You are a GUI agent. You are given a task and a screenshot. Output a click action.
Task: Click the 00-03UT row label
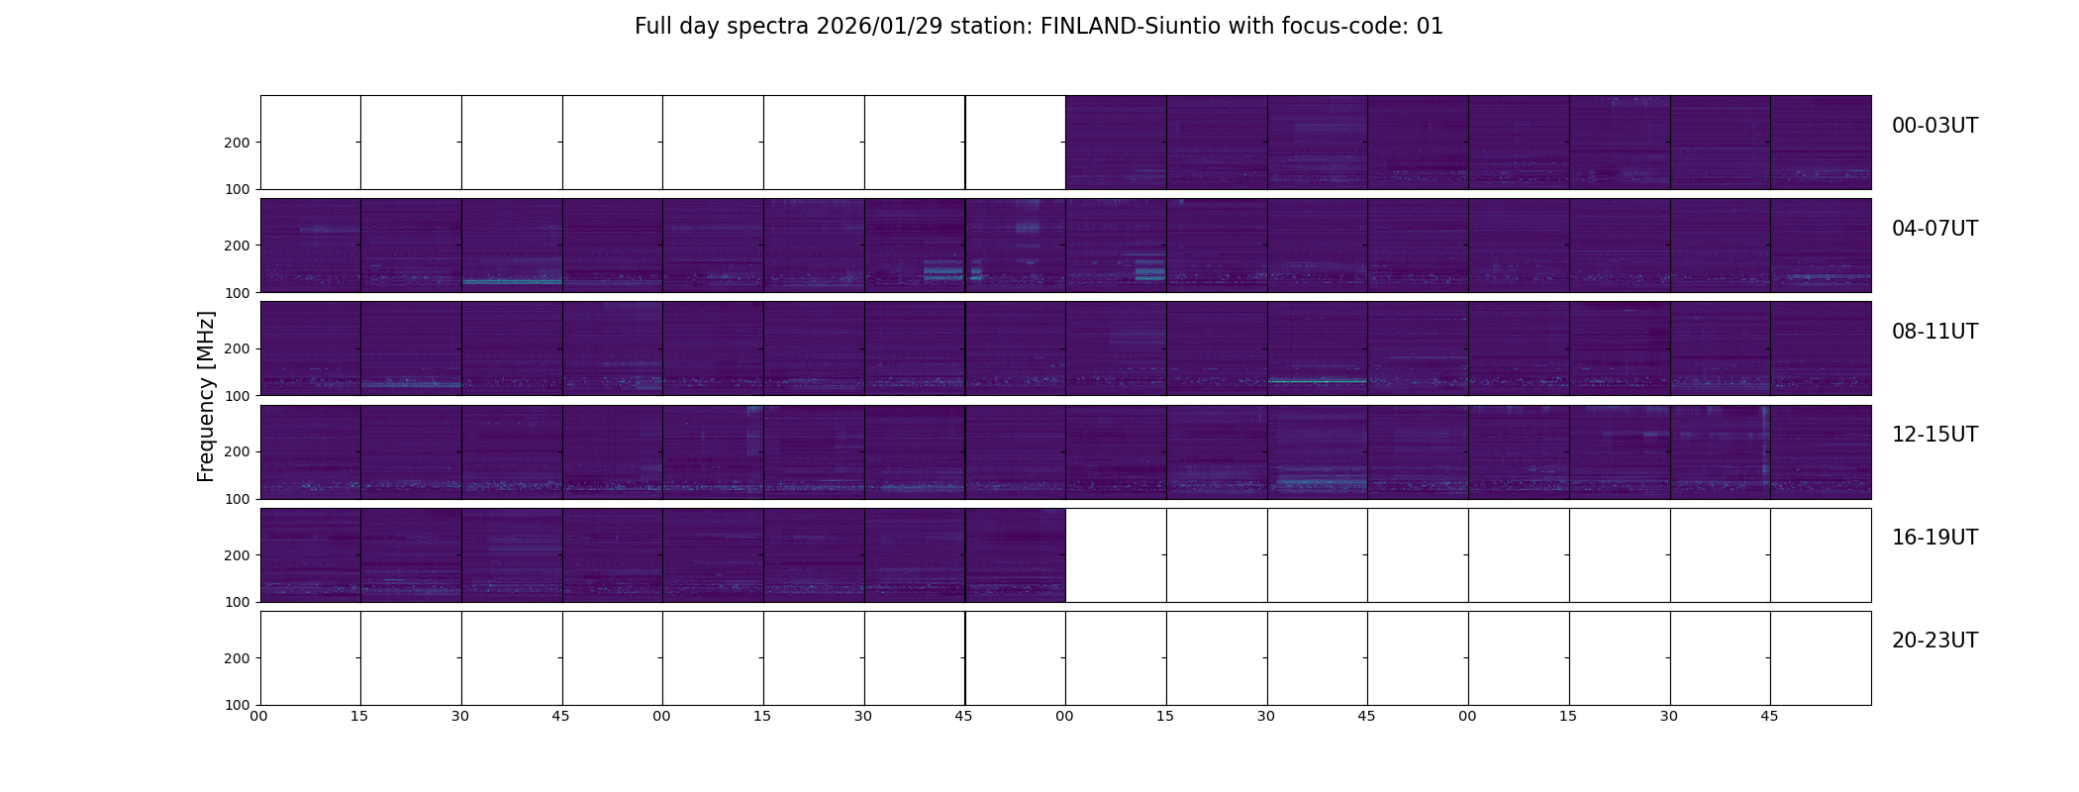(1934, 126)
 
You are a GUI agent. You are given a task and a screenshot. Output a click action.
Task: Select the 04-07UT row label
(1934, 229)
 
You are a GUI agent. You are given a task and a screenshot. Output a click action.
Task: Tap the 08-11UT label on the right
(1934, 332)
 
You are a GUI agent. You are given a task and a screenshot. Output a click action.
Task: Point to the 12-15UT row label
(1934, 435)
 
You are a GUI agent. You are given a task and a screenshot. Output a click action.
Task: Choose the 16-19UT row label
(1934, 538)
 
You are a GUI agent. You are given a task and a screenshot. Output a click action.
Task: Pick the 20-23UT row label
(1934, 641)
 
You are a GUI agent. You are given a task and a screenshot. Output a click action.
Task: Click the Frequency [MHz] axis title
(206, 396)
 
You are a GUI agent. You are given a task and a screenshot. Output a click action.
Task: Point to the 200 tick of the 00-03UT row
(238, 143)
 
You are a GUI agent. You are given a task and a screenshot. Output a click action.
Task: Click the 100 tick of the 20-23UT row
(238, 705)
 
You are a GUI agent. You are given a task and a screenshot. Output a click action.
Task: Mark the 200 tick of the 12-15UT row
(238, 451)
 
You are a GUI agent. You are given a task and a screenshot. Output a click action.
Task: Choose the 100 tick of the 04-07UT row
(238, 292)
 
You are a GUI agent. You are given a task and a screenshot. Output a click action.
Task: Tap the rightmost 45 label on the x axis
(1769, 716)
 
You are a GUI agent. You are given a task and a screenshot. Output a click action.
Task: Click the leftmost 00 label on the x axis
(258, 716)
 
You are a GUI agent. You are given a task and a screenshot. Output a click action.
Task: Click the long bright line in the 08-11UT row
(1317, 380)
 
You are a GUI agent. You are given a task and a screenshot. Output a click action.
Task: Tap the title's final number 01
(1430, 27)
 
